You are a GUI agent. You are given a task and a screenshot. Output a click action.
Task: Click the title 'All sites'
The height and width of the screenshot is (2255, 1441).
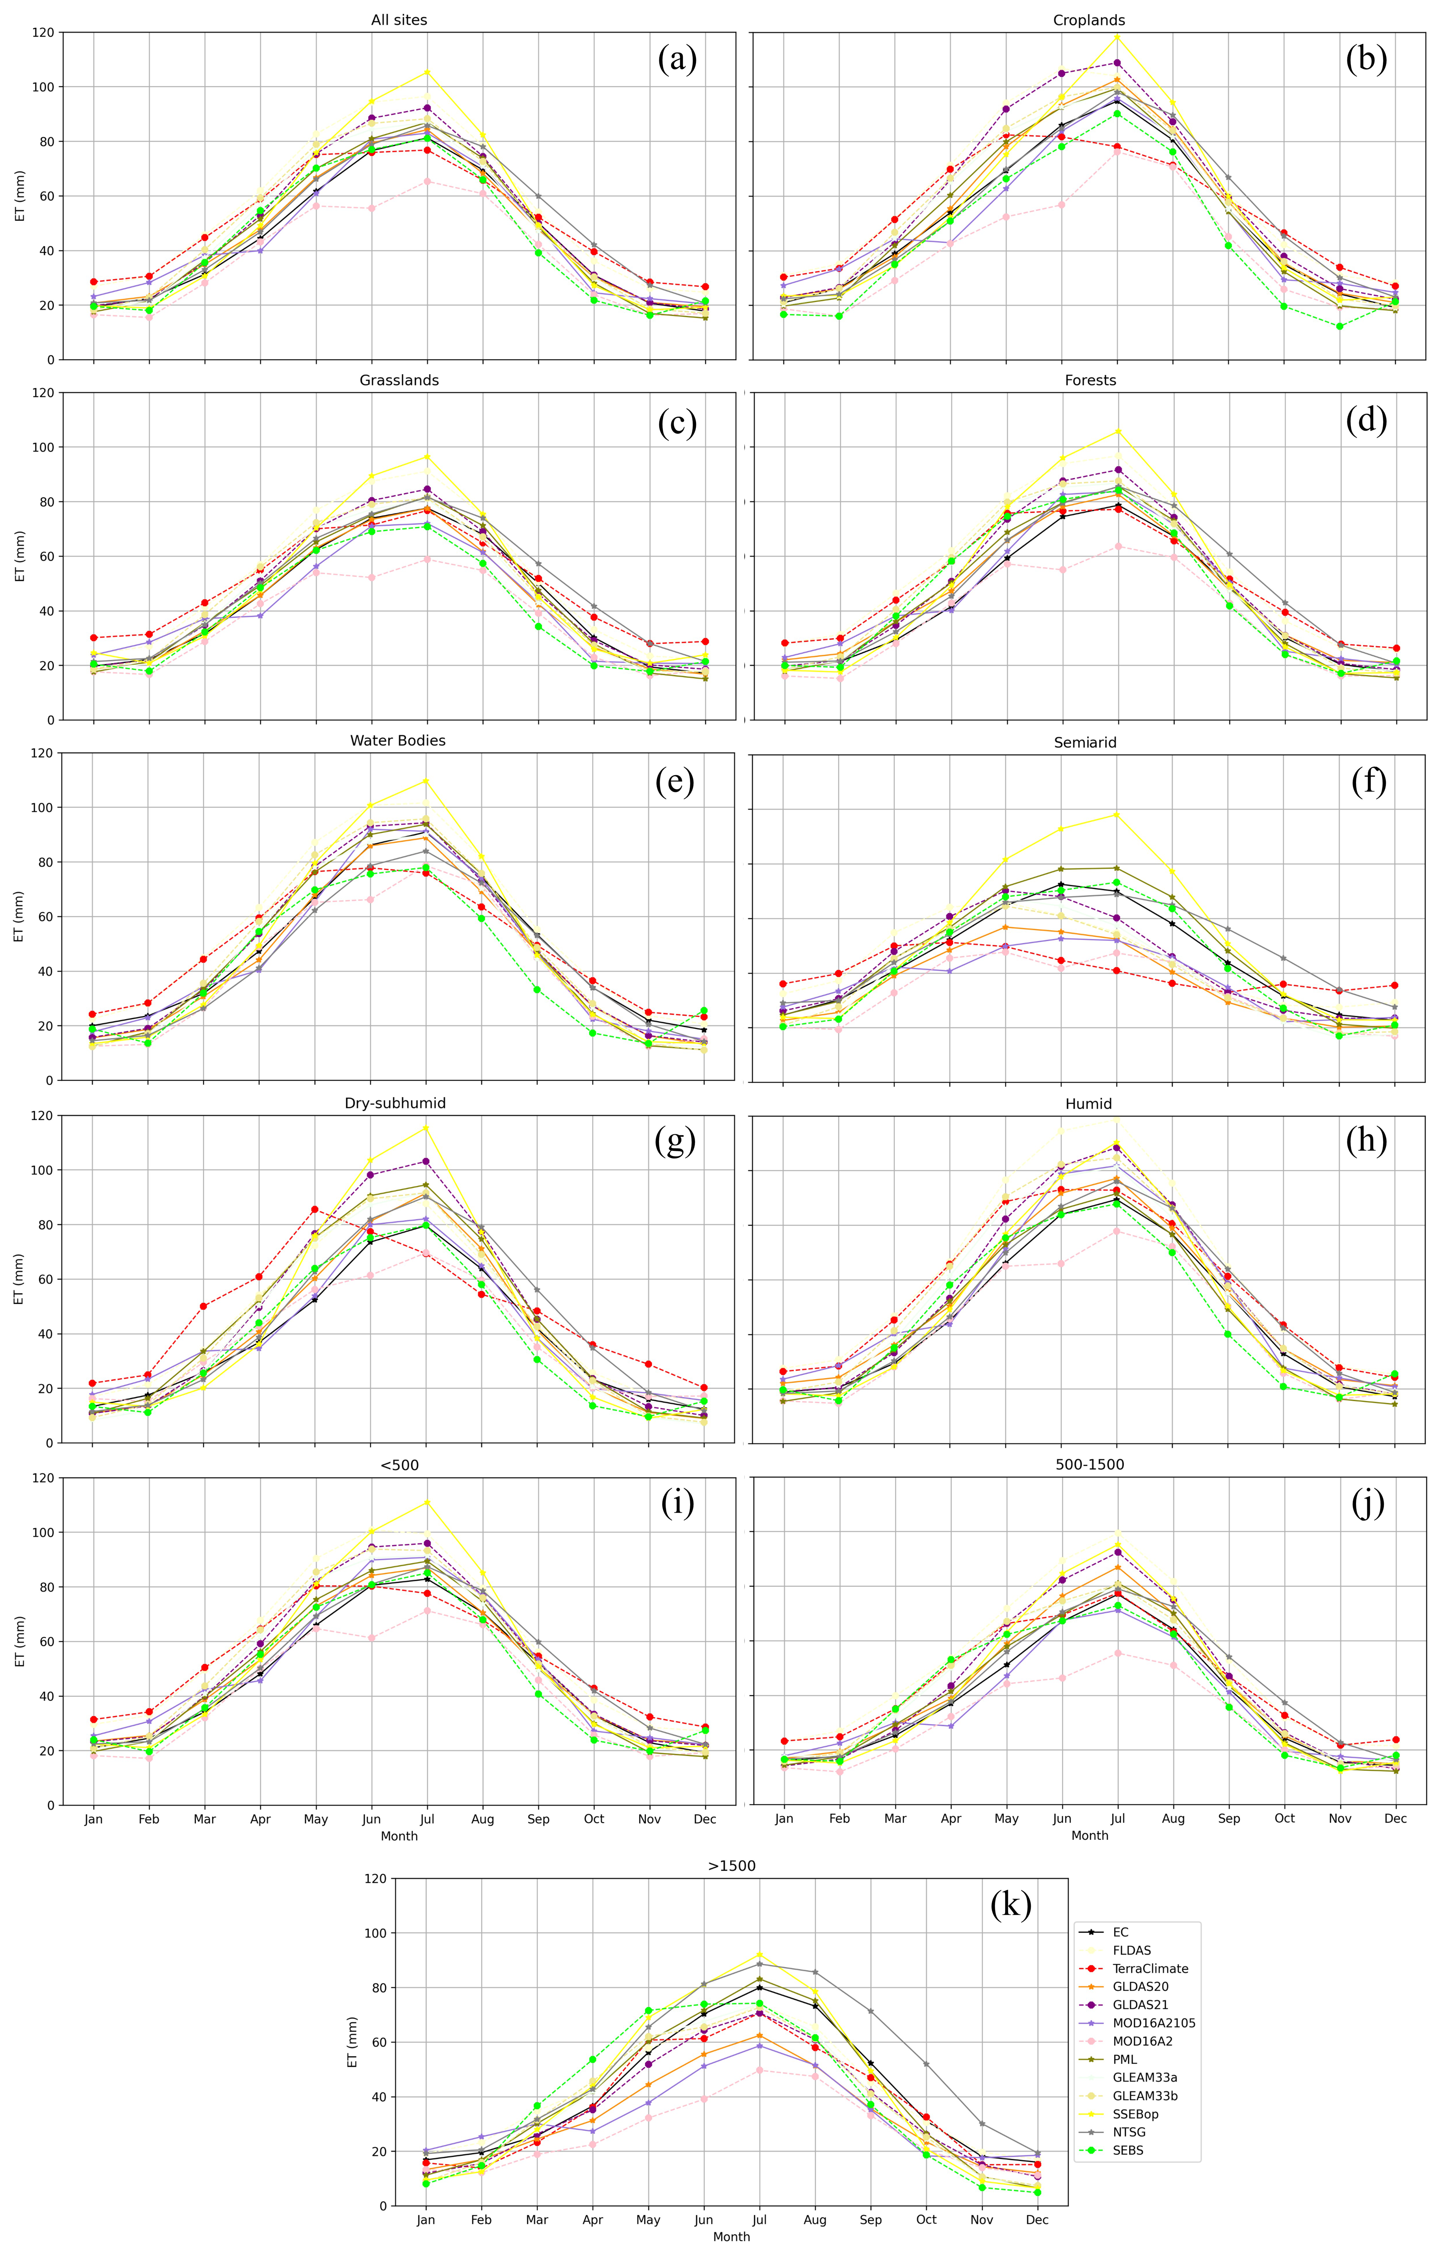pyautogui.click(x=399, y=20)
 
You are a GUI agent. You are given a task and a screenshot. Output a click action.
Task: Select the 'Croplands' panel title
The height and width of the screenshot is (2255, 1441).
pyautogui.click(x=1089, y=20)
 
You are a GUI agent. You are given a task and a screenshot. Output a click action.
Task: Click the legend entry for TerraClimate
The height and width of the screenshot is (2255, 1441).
pyautogui.click(x=1150, y=1968)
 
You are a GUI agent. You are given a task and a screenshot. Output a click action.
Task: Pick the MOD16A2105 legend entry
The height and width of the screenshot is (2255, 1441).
pyautogui.click(x=1154, y=2023)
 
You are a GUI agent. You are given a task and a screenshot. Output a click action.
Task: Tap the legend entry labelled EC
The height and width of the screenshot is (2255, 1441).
pyautogui.click(x=1121, y=1932)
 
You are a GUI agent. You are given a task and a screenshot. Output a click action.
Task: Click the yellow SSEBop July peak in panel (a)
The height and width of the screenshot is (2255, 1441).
pyautogui.click(x=427, y=72)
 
